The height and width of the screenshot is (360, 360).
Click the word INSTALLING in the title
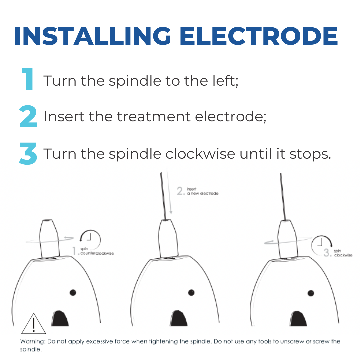point(92,36)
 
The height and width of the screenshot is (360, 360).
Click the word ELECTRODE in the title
point(259,36)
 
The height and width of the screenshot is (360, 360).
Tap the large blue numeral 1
point(28,79)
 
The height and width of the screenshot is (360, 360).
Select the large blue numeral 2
point(28,116)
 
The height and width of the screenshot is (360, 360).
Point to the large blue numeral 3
point(28,153)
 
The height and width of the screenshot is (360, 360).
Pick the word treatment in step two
point(154,116)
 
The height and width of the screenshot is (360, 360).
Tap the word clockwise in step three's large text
point(200,153)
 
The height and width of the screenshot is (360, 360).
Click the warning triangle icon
point(34,324)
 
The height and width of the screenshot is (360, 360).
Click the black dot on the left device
point(73,293)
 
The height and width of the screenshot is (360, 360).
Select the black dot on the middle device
point(191,293)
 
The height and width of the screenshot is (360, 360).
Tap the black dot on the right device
point(311,293)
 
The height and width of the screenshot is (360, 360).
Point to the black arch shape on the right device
point(298,319)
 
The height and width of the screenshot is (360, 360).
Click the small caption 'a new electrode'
point(203,193)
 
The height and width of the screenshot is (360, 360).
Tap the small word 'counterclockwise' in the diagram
point(97,253)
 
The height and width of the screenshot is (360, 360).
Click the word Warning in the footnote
point(33,342)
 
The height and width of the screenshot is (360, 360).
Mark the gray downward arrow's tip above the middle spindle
point(171,214)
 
